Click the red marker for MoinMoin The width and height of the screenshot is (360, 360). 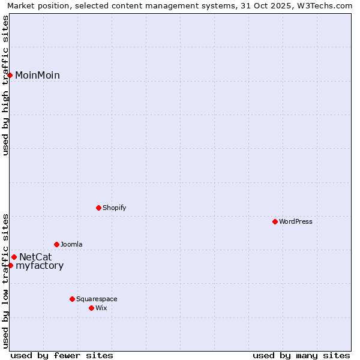[x=10, y=75]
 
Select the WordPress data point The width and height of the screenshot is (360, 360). [x=275, y=221]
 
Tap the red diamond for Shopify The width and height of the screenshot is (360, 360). [x=98, y=208]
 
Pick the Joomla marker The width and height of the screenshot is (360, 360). [x=56, y=244]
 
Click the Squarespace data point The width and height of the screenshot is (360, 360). [x=72, y=299]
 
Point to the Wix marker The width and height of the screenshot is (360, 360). [x=91, y=308]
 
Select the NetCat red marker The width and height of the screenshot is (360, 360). [x=14, y=257]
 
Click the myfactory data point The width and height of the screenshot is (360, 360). [x=10, y=265]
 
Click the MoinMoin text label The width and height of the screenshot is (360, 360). [x=37, y=75]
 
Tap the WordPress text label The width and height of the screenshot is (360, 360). [x=296, y=221]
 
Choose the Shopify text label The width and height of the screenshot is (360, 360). [x=114, y=208]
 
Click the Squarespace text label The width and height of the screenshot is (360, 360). [x=97, y=299]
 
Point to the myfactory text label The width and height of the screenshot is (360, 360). [x=40, y=266]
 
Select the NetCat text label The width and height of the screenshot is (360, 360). [x=35, y=257]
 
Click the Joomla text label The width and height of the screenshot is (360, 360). [x=71, y=244]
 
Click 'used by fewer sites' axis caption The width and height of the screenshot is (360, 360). [x=62, y=355]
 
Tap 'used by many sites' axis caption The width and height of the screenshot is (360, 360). [x=301, y=355]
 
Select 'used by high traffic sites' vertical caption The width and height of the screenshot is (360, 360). [x=5, y=85]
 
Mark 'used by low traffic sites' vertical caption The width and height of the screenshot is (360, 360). [x=5, y=280]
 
